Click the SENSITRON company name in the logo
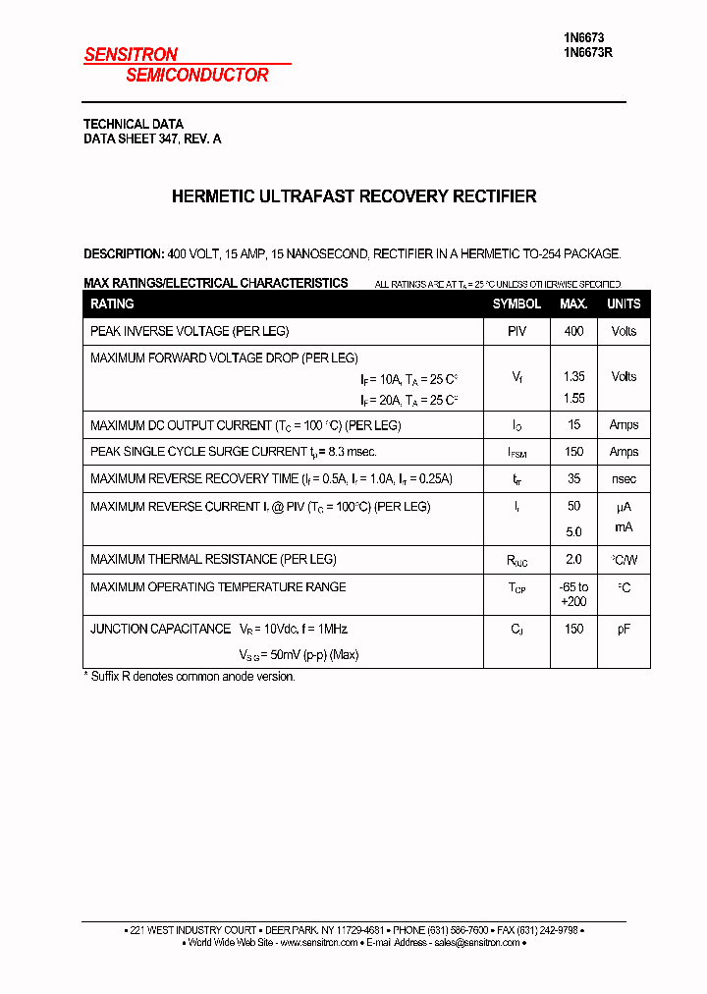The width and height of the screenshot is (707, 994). pyautogui.click(x=131, y=55)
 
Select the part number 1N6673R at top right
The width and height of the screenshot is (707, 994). pyautogui.click(x=587, y=54)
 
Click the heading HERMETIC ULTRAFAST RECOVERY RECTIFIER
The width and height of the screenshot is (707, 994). pyautogui.click(x=353, y=196)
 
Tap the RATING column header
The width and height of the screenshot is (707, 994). pyautogui.click(x=112, y=304)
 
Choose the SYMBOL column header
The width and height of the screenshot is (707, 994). pyautogui.click(x=517, y=304)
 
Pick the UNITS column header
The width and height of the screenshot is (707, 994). pyautogui.click(x=624, y=304)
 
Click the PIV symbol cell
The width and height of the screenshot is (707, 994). pyautogui.click(x=517, y=332)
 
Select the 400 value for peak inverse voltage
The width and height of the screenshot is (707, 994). pyautogui.click(x=573, y=332)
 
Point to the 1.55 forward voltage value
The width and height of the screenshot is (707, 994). pyautogui.click(x=573, y=399)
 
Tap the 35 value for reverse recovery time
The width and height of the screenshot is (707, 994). pyautogui.click(x=573, y=479)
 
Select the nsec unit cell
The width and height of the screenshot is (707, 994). pyautogui.click(x=624, y=479)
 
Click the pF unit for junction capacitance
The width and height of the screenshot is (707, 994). pyautogui.click(x=624, y=629)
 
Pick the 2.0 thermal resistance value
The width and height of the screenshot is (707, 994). pyautogui.click(x=573, y=559)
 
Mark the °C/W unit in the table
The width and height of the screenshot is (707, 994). pyautogui.click(x=624, y=560)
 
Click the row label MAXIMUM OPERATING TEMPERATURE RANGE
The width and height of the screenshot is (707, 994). pyautogui.click(x=218, y=587)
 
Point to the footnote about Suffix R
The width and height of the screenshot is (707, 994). pyautogui.click(x=189, y=677)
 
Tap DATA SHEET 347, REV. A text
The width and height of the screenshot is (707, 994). pyautogui.click(x=152, y=139)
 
